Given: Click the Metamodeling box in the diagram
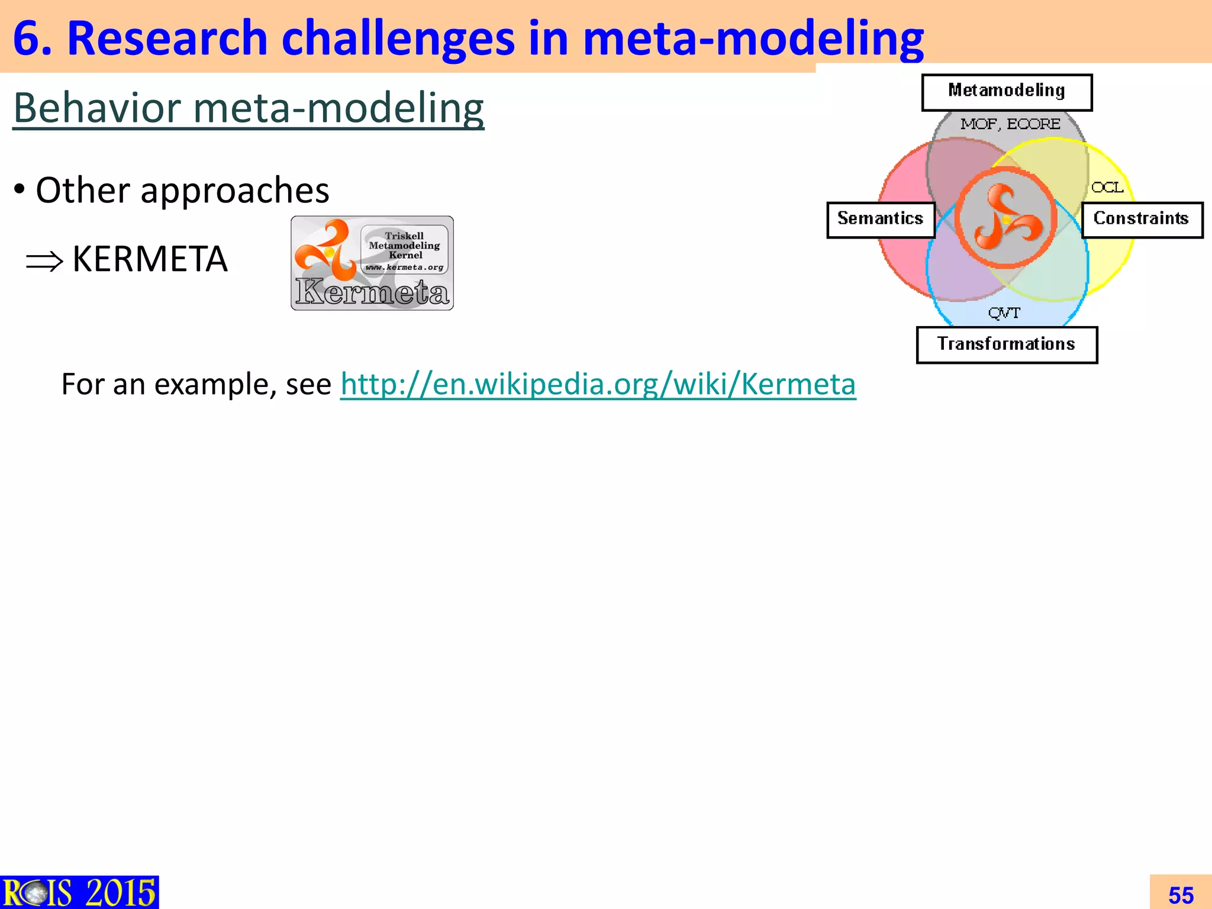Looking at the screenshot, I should (x=1007, y=92).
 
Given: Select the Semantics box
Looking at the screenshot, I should (x=880, y=220).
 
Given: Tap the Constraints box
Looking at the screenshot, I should (x=1142, y=220).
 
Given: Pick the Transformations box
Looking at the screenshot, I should (x=1006, y=344).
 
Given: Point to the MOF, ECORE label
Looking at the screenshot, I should (x=1010, y=124).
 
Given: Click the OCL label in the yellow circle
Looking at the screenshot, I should (x=1107, y=188).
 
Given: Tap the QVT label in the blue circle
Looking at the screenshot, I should (x=1004, y=313).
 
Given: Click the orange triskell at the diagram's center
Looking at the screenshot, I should (x=1006, y=217).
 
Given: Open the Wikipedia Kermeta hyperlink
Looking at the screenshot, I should (x=598, y=384).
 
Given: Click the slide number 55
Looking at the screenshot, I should (x=1181, y=895).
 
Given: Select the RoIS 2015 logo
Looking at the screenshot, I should (x=79, y=892).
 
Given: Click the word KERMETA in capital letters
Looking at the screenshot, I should (x=150, y=259).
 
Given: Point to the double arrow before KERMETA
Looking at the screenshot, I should (x=44, y=261).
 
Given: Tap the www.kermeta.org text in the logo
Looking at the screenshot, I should (x=404, y=267).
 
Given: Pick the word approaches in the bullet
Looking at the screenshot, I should (x=235, y=190).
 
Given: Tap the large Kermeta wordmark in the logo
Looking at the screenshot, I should (x=372, y=292).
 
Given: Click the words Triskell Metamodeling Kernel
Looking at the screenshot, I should (x=404, y=246).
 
